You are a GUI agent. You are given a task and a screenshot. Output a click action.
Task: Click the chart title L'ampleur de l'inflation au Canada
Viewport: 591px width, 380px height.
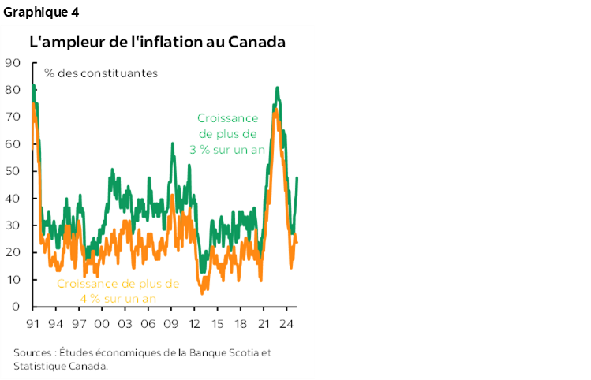click(157, 42)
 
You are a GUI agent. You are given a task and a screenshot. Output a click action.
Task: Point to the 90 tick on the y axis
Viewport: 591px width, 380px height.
click(13, 63)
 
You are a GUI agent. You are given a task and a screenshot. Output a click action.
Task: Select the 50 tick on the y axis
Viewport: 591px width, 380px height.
click(13, 171)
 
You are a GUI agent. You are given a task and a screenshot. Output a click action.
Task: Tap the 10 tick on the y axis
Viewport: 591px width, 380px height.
click(13, 280)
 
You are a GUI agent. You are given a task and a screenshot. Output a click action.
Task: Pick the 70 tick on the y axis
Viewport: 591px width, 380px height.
click(13, 117)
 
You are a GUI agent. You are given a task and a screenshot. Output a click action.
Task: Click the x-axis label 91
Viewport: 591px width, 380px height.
click(33, 323)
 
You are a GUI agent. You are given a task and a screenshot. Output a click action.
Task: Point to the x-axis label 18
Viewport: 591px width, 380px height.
click(241, 323)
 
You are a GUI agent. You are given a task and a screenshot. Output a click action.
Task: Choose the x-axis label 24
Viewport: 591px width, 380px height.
click(286, 323)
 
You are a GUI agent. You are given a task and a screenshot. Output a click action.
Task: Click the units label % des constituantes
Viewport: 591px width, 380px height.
click(101, 73)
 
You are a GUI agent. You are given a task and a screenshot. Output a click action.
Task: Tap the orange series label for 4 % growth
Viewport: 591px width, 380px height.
click(118, 291)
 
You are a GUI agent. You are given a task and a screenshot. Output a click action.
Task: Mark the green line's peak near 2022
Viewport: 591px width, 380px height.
click(277, 88)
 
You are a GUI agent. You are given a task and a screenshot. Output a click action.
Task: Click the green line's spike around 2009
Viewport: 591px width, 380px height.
click(172, 144)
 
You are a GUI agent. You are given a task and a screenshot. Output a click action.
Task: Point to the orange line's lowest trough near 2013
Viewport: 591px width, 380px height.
click(203, 292)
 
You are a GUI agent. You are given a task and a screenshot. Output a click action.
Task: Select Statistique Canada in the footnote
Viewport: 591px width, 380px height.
click(60, 366)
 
